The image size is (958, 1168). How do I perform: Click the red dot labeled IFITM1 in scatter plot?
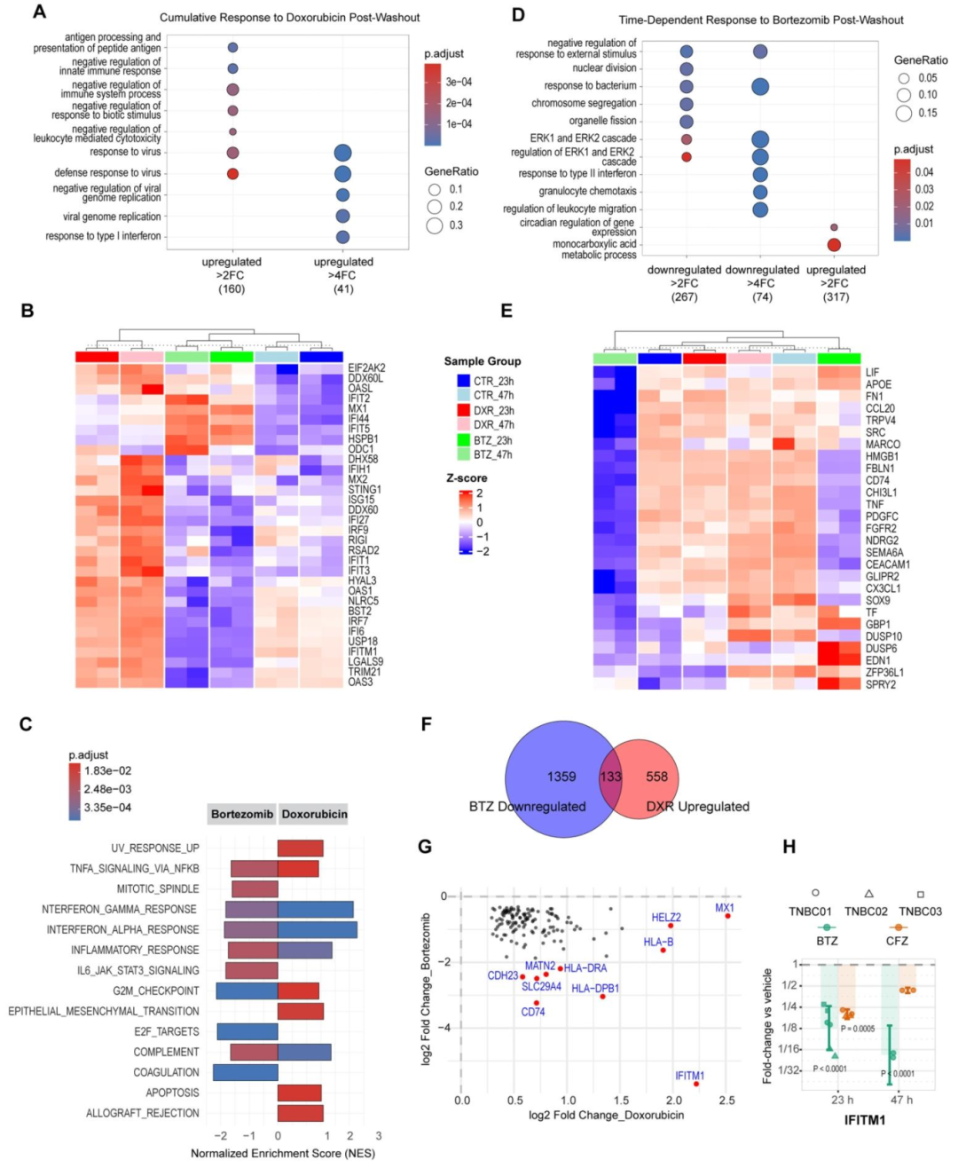(696, 1084)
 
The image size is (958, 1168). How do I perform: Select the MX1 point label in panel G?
(725, 908)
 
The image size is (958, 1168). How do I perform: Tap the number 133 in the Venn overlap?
(610, 777)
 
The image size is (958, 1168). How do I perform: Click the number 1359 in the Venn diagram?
(561, 777)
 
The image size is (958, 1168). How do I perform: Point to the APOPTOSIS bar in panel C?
(300, 1093)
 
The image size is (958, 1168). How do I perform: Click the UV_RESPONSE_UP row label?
(155, 848)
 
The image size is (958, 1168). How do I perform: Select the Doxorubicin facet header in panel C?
(314, 814)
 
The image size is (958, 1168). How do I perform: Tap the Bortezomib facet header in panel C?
(242, 814)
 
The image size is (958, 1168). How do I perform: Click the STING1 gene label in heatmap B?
(365, 490)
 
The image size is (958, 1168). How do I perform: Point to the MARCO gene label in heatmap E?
(883, 445)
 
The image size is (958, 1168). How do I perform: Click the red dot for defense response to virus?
(232, 173)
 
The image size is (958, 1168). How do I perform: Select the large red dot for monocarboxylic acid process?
(834, 244)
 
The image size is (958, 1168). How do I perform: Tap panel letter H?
(789, 847)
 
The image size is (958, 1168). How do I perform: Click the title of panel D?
(761, 20)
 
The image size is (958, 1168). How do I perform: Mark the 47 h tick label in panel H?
(901, 1100)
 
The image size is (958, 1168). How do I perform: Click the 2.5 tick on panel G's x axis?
(726, 1101)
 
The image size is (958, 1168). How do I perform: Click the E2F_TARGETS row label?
(167, 1031)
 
